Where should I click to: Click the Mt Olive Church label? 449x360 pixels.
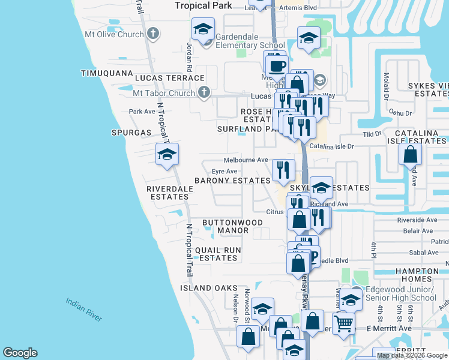(114, 34)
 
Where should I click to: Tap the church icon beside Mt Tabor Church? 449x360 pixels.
(204, 93)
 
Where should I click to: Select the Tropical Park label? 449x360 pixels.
(203, 5)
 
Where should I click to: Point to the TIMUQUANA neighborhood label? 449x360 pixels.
(107, 73)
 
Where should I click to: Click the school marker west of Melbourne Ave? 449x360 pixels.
(167, 155)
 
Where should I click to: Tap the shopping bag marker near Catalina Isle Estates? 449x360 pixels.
(410, 154)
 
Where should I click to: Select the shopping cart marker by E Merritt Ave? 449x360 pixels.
(343, 324)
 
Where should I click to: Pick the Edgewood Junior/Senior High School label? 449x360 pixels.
(396, 293)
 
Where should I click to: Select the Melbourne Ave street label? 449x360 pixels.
(246, 160)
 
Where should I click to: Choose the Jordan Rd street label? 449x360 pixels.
(188, 55)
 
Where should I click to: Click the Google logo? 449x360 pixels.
(20, 353)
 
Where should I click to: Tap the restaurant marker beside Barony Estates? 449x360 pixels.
(283, 169)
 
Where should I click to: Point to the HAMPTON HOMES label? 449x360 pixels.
(417, 275)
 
